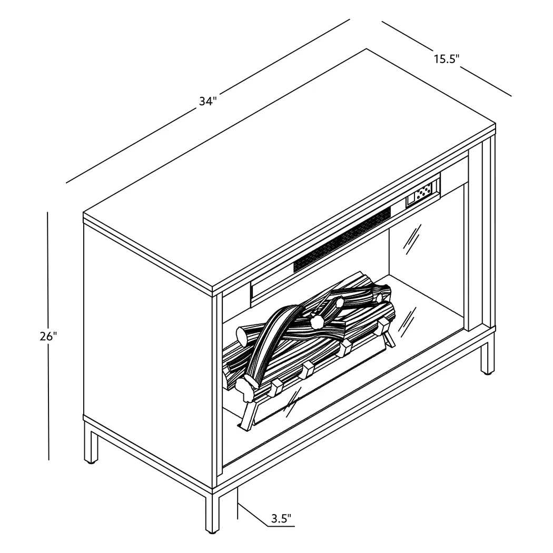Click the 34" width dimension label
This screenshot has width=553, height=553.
pyautogui.click(x=208, y=102)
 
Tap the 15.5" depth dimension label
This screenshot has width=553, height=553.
pyautogui.click(x=447, y=59)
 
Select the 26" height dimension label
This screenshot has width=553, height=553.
pyautogui.click(x=48, y=337)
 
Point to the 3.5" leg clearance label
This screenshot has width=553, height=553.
pyautogui.click(x=281, y=518)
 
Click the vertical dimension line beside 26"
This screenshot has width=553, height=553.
pyautogui.click(x=48, y=336)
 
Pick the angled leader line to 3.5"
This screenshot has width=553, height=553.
pyautogui.click(x=253, y=516)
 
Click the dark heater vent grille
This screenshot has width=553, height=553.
pyautogui.click(x=342, y=240)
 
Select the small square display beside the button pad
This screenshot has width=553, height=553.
pyautogui.click(x=411, y=201)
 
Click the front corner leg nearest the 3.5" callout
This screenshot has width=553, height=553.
pyautogui.click(x=212, y=513)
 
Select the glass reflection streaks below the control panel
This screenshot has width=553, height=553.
pyautogui.click(x=412, y=239)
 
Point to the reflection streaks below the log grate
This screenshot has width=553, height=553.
pyautogui.click(x=293, y=402)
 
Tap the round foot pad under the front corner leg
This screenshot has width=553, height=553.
pyautogui.click(x=212, y=532)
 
